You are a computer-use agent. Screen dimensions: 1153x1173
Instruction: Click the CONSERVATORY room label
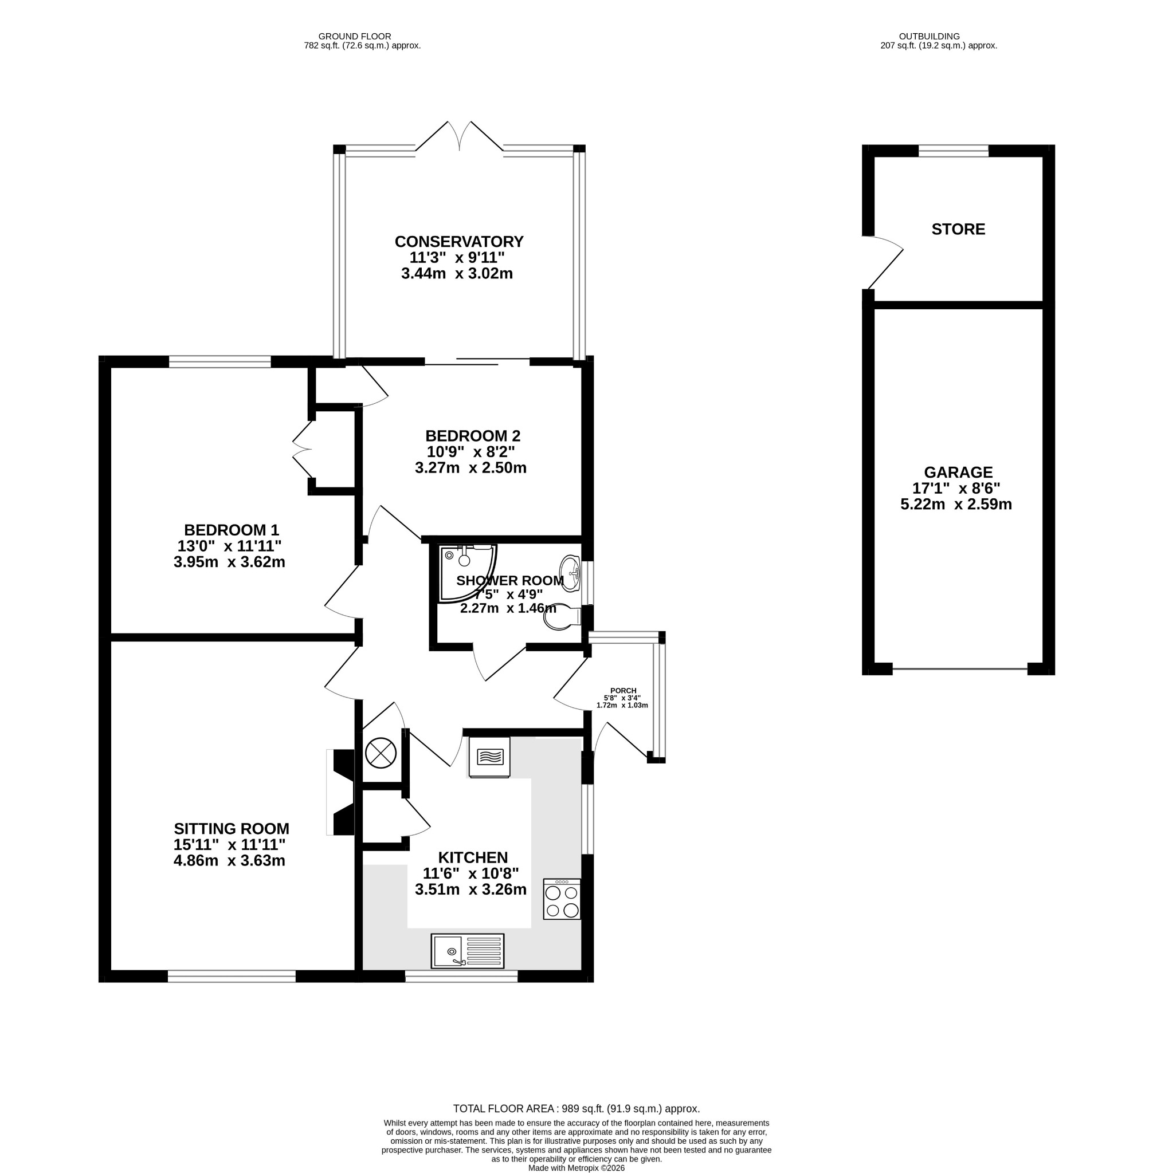(x=459, y=242)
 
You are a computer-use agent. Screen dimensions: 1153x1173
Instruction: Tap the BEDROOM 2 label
(x=473, y=436)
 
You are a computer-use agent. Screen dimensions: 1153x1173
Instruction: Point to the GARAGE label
(x=958, y=472)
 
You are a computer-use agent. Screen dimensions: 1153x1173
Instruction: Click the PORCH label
(x=623, y=691)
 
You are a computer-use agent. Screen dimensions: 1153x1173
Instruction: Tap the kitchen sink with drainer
(x=468, y=950)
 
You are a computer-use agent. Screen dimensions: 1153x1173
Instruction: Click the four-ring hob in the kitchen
(x=562, y=899)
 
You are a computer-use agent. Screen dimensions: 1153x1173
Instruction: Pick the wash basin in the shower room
(x=570, y=569)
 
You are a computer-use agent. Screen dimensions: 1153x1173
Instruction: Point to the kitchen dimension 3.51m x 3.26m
(x=470, y=889)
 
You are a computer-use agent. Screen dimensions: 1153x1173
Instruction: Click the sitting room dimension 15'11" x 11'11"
(x=229, y=844)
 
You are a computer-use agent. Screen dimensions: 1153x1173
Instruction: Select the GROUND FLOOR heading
(x=355, y=36)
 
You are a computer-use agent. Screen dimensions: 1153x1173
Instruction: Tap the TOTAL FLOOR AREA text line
(x=576, y=1109)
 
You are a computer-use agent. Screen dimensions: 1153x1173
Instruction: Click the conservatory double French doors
(x=460, y=136)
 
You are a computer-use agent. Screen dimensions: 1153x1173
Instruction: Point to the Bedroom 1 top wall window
(x=220, y=362)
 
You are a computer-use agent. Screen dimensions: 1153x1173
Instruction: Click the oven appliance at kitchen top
(x=489, y=757)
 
